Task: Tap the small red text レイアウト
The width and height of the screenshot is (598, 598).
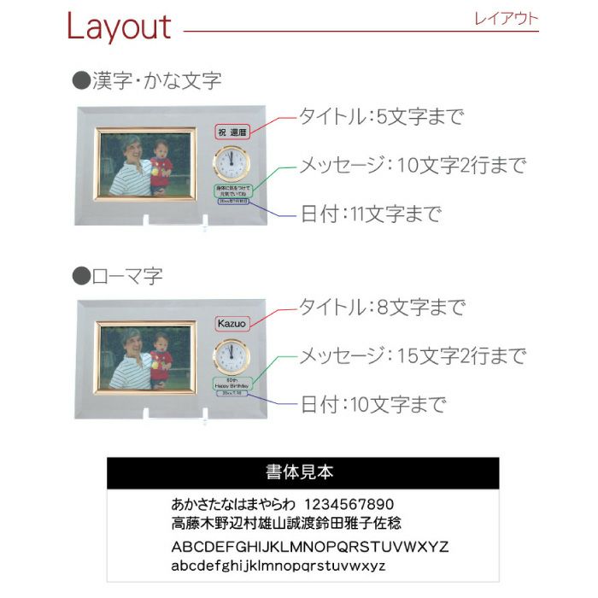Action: pos(506,19)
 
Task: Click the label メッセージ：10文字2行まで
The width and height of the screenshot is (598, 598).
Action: pos(412,166)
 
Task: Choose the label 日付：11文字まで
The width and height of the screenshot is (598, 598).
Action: pos(371,214)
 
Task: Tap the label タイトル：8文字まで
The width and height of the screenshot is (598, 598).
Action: pos(380,307)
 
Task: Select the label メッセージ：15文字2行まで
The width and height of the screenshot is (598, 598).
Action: pos(412,355)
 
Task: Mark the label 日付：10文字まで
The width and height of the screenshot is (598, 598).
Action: pos(371,403)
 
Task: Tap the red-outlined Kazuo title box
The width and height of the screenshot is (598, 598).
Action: pos(231,324)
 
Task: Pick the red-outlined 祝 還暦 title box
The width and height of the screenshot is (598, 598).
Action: pos(231,132)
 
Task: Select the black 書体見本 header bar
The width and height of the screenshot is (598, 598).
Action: pos(302,472)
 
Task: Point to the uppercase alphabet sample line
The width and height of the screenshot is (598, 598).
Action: pos(310,547)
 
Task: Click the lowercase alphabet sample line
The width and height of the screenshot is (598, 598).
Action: pos(278,566)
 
